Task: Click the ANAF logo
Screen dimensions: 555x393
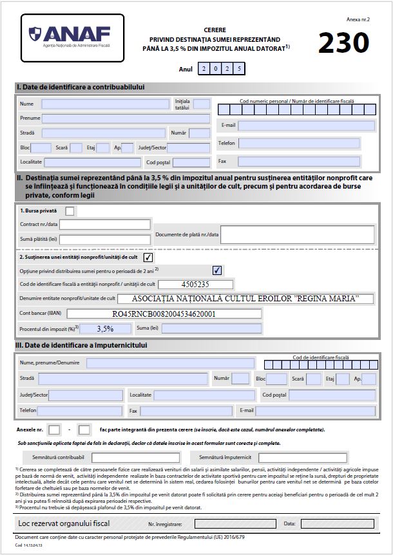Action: [x=72, y=37]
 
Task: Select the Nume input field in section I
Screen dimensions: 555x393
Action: [x=107, y=104]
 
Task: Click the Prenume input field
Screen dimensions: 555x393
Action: [x=126, y=118]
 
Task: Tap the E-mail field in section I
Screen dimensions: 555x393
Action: [x=306, y=126]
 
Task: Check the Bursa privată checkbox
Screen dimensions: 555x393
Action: [x=70, y=211]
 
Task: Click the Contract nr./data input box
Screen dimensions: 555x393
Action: [x=105, y=224]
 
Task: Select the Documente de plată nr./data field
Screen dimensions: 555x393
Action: [x=297, y=234]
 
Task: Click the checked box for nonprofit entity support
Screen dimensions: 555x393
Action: [x=148, y=258]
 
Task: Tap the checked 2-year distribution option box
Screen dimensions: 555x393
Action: [x=217, y=270]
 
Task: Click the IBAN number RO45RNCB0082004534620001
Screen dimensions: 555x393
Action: [x=164, y=314]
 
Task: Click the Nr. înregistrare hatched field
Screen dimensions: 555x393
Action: [x=226, y=523]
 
